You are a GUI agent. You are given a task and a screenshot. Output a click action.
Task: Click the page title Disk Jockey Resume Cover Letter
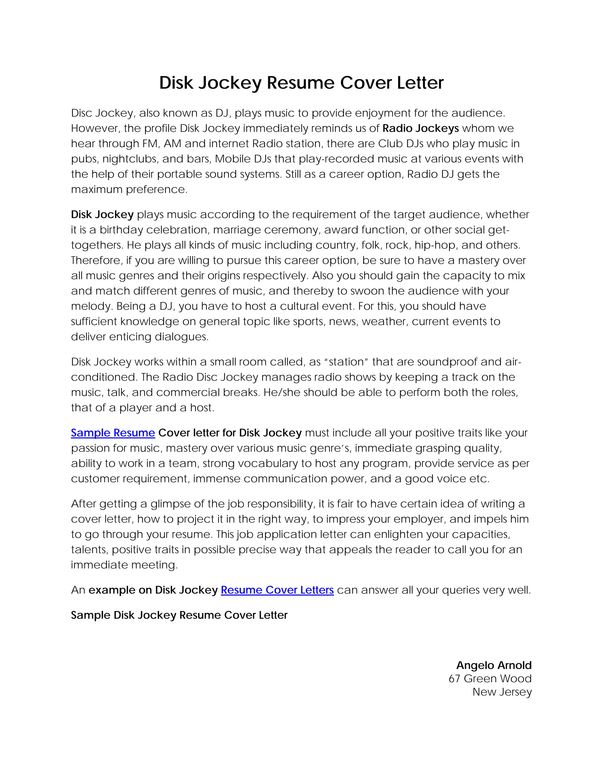301,83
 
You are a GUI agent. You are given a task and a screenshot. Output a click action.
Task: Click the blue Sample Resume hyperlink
113,433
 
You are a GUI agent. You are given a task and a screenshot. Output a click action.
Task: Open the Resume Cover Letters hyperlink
277,590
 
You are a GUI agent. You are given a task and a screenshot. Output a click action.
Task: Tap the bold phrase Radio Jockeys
420,128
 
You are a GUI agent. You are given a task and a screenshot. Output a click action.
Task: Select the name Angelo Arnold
494,666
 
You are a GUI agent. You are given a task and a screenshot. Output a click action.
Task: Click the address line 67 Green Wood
490,678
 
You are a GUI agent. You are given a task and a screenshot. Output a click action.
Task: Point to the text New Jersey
502,692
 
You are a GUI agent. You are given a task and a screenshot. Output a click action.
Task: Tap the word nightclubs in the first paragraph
130,159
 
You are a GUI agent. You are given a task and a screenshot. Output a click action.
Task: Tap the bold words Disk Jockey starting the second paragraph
102,214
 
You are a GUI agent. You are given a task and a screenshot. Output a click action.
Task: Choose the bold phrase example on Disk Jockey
153,590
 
